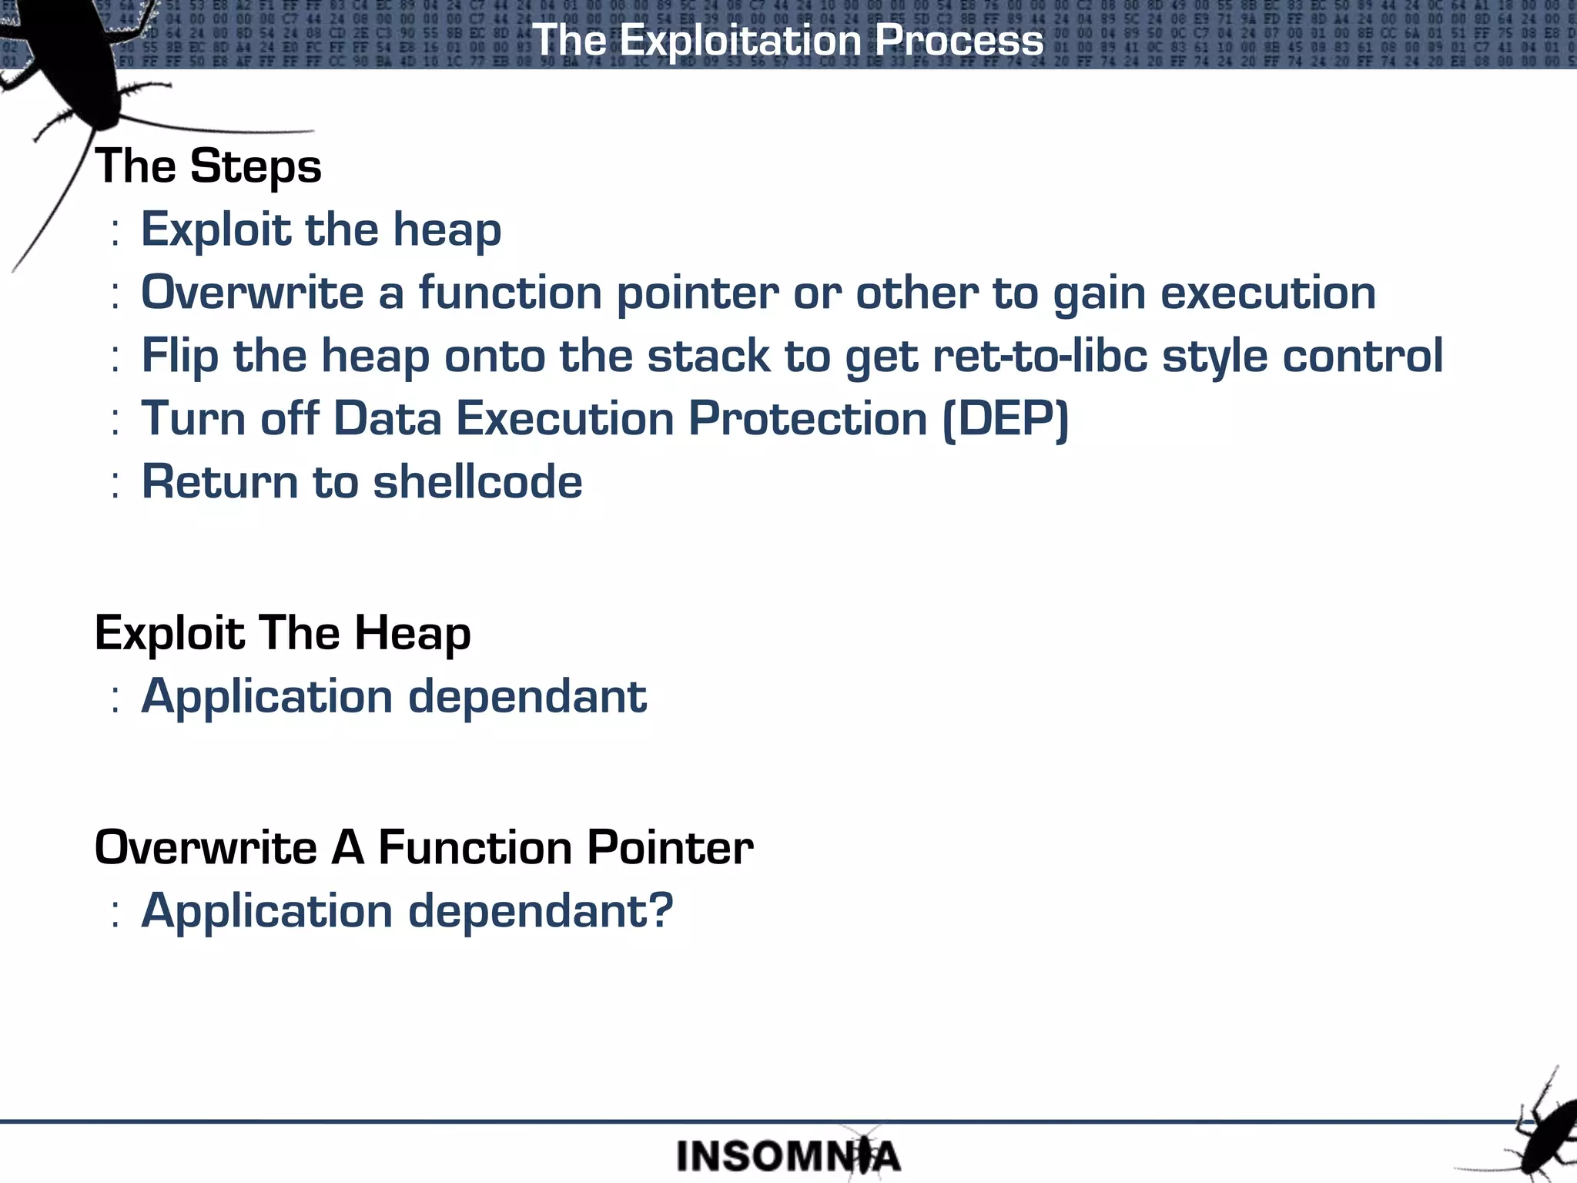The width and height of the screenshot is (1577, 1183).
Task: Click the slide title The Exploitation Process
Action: tap(788, 40)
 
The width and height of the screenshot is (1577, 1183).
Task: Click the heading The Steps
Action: tap(208, 166)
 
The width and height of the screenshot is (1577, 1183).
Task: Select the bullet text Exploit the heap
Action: tap(321, 230)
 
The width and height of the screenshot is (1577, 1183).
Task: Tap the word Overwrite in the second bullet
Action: tap(252, 293)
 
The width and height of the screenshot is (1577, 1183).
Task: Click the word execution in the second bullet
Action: tap(1267, 293)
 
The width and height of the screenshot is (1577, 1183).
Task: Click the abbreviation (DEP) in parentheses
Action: tap(1006, 419)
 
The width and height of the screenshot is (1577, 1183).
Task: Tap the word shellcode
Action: tap(477, 482)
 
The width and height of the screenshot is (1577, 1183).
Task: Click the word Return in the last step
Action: tap(219, 482)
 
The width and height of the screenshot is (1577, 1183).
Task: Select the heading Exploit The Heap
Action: tap(283, 633)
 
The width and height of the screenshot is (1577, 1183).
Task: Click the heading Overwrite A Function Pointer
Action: tap(424, 847)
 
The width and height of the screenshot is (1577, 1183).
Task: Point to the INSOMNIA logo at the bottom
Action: tap(788, 1156)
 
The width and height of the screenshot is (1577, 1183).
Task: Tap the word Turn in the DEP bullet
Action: tap(193, 419)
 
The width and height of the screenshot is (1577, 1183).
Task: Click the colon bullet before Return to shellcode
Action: tap(116, 484)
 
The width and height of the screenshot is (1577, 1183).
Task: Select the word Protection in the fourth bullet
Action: tap(807, 419)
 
